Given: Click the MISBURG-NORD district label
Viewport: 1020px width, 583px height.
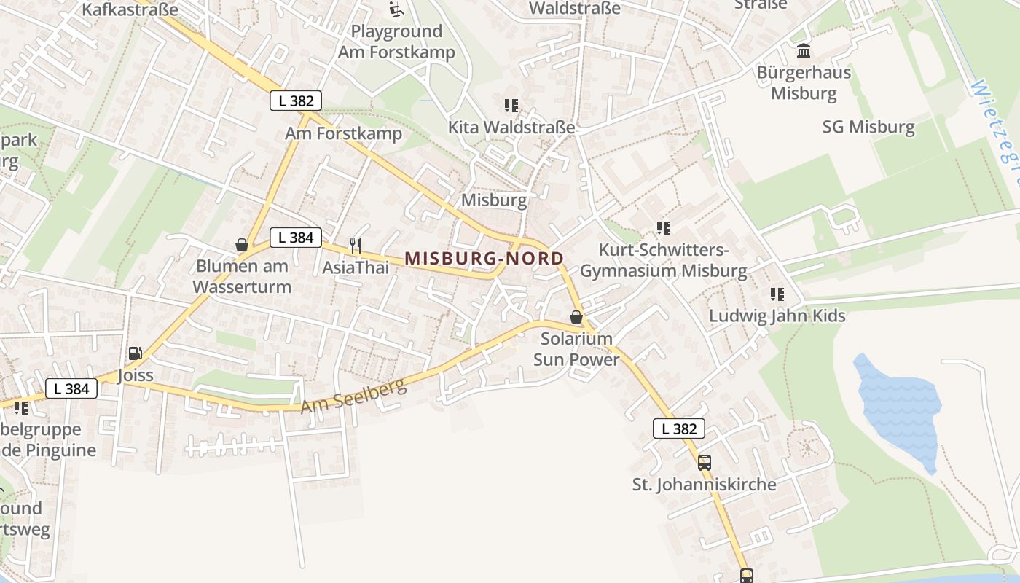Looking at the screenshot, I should [484, 258].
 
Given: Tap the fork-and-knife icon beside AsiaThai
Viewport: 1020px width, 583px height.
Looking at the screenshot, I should [356, 246].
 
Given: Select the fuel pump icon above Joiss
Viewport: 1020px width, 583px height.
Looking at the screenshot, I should [135, 353].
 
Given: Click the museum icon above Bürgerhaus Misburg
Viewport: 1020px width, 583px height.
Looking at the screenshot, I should [804, 50].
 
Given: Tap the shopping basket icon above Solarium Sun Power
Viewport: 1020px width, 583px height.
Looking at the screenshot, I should [576, 317].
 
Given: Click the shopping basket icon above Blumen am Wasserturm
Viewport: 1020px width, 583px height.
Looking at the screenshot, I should [242, 245].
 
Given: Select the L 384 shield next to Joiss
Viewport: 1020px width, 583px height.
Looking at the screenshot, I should [71, 388].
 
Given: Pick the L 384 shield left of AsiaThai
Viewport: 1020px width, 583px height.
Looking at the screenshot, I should [296, 237].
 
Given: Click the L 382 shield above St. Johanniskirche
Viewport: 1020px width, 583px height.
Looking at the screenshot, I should [679, 429].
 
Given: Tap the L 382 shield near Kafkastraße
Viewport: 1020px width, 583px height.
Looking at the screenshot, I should [296, 101].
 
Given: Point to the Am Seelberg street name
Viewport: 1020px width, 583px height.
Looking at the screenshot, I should [353, 396].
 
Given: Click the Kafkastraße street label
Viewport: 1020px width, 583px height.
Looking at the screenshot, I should [130, 9].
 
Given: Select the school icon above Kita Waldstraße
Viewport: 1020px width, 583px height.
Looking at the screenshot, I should [511, 106].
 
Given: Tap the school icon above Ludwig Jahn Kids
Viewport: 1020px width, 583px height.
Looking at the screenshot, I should [777, 294].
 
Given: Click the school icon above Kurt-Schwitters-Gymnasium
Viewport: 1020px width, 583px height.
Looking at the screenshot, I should [663, 228].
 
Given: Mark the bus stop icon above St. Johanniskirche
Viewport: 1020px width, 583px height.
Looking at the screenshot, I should [704, 462].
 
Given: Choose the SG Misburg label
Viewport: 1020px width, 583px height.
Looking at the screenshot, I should [868, 127].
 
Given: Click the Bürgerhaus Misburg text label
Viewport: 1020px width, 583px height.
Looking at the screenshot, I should [804, 83].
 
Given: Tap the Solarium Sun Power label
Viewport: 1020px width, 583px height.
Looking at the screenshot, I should [576, 349].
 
